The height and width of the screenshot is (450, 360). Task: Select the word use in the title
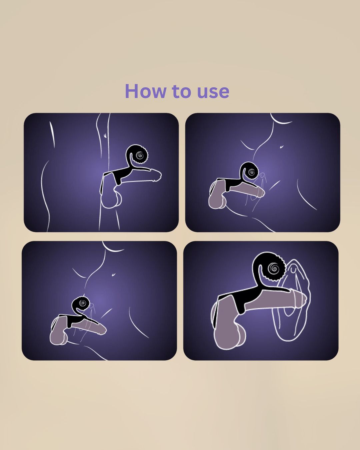(213, 93)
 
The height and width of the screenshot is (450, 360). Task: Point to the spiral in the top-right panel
(251, 172)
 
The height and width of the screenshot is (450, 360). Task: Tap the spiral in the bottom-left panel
(83, 303)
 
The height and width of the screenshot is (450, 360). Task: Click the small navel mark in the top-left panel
(105, 135)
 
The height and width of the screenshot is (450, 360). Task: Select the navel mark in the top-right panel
(282, 147)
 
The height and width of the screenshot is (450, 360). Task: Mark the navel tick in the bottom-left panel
(114, 275)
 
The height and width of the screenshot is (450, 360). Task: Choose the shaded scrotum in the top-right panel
(217, 196)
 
